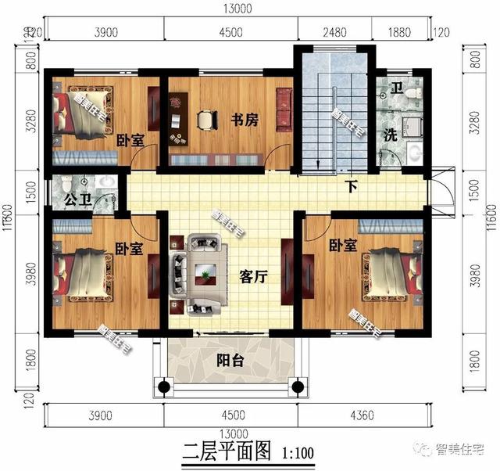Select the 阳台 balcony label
point(228,360)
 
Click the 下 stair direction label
point(353,188)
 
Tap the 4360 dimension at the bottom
point(362,415)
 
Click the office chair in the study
point(205,119)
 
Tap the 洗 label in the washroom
point(388,134)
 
